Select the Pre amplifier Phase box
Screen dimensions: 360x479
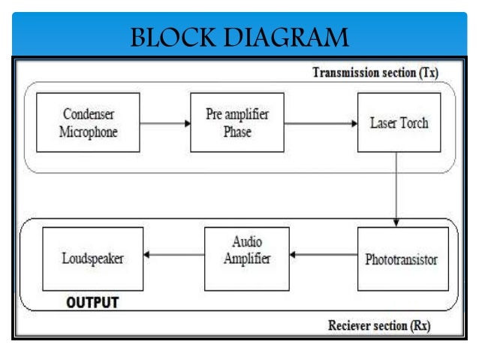(236, 123)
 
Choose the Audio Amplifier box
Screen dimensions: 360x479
(247, 259)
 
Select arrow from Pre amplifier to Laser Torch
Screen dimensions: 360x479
(321, 123)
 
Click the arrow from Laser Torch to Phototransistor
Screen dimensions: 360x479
(397, 188)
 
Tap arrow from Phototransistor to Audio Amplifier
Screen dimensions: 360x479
(324, 256)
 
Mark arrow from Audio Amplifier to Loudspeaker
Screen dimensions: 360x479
(174, 256)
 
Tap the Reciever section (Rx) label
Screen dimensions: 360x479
(380, 326)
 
